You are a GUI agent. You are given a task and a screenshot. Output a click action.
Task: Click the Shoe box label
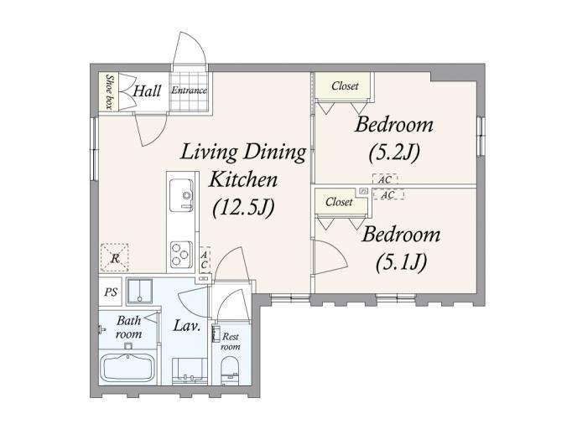[108, 91]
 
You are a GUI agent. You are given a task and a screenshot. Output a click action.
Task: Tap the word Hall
[147, 90]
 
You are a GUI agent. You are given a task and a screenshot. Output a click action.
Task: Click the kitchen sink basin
[181, 195]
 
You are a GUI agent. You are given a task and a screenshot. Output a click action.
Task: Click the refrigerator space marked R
[115, 258]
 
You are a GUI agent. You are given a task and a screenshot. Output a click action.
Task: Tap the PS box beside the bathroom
[111, 292]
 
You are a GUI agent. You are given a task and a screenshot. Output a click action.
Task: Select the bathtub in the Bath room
[127, 367]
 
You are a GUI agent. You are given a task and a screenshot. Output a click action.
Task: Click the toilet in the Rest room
[230, 370]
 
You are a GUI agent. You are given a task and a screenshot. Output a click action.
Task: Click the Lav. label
[186, 325]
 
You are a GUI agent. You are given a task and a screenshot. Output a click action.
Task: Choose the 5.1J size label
[401, 261]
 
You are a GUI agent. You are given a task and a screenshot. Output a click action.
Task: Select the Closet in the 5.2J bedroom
[345, 86]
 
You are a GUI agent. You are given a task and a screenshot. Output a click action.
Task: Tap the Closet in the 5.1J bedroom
[340, 202]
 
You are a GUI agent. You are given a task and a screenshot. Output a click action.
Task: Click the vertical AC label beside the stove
[205, 259]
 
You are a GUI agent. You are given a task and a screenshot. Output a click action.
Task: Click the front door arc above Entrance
[190, 49]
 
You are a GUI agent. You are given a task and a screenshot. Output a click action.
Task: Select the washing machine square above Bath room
[139, 292]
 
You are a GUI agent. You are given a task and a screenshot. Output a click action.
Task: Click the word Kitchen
[242, 179]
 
